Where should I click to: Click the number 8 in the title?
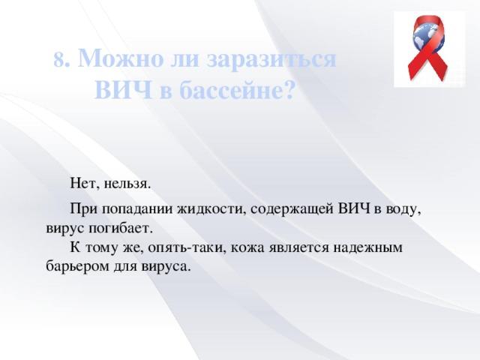point(60,60)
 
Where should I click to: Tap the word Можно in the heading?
point(121,58)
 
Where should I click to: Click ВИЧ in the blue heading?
point(123,90)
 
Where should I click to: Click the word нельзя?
point(127,184)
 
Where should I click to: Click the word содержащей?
point(292,210)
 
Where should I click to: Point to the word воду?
point(403,210)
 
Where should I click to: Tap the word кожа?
point(247,247)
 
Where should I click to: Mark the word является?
point(298,247)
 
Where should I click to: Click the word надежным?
point(367,247)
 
